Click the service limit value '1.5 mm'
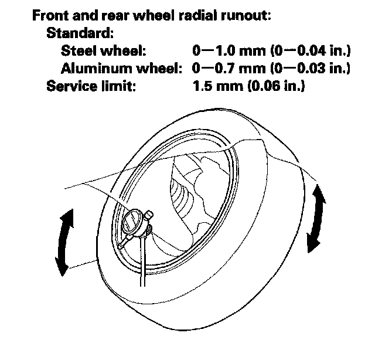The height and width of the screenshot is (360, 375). point(216,87)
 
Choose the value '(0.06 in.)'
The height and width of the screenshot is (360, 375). point(276,87)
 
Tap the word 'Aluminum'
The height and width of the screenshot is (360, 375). point(100,69)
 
